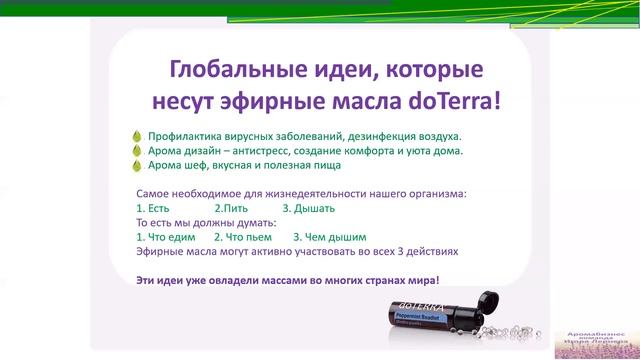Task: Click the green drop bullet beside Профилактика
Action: (x=136, y=135)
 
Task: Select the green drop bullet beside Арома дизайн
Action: (x=136, y=150)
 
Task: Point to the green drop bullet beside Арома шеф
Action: (x=136, y=165)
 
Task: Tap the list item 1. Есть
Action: (x=152, y=209)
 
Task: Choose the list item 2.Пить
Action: (x=231, y=209)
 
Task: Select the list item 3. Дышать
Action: (x=308, y=209)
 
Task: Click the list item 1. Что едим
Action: (x=165, y=238)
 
